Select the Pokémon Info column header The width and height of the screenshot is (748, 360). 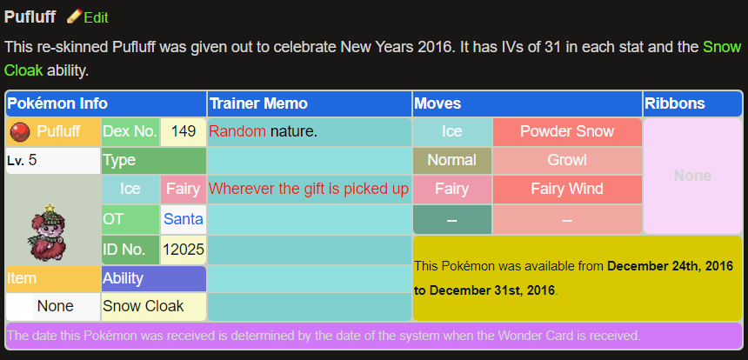coord(57,103)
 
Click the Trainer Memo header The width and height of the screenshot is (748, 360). coord(258,103)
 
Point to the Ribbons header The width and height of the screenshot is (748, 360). coord(675,103)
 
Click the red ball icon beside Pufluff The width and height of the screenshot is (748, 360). coord(19,132)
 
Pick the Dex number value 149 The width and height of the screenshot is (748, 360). coord(183,132)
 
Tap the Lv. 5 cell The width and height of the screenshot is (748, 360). coord(52,161)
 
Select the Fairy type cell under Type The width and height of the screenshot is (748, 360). coord(183,189)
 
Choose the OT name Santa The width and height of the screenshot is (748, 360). coord(183,219)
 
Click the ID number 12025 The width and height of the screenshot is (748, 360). coord(183,250)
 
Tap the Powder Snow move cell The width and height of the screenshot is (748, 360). coord(567,132)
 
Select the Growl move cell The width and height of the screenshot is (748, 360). coord(567,160)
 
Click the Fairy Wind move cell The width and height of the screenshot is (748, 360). coord(567,189)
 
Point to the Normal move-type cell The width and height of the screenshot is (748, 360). coord(451,160)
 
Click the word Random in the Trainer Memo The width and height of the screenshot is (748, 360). coord(237,132)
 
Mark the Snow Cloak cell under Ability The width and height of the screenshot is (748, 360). coord(143,306)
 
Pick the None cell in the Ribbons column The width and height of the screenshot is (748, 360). coord(692,176)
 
